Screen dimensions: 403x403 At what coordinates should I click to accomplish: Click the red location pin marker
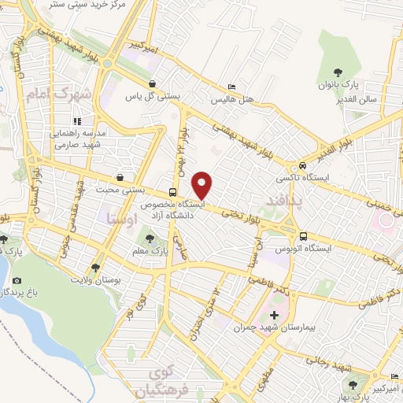(x=202, y=184)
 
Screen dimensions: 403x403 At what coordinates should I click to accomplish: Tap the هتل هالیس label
(x=231, y=100)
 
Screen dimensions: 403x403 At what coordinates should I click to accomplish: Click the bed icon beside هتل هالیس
(x=231, y=87)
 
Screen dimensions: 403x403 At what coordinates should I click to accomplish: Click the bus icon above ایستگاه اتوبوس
(x=303, y=235)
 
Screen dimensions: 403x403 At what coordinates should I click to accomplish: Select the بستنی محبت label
(x=119, y=190)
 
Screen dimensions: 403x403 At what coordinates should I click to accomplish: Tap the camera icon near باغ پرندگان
(x=17, y=280)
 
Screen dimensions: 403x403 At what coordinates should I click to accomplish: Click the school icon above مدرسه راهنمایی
(x=77, y=121)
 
